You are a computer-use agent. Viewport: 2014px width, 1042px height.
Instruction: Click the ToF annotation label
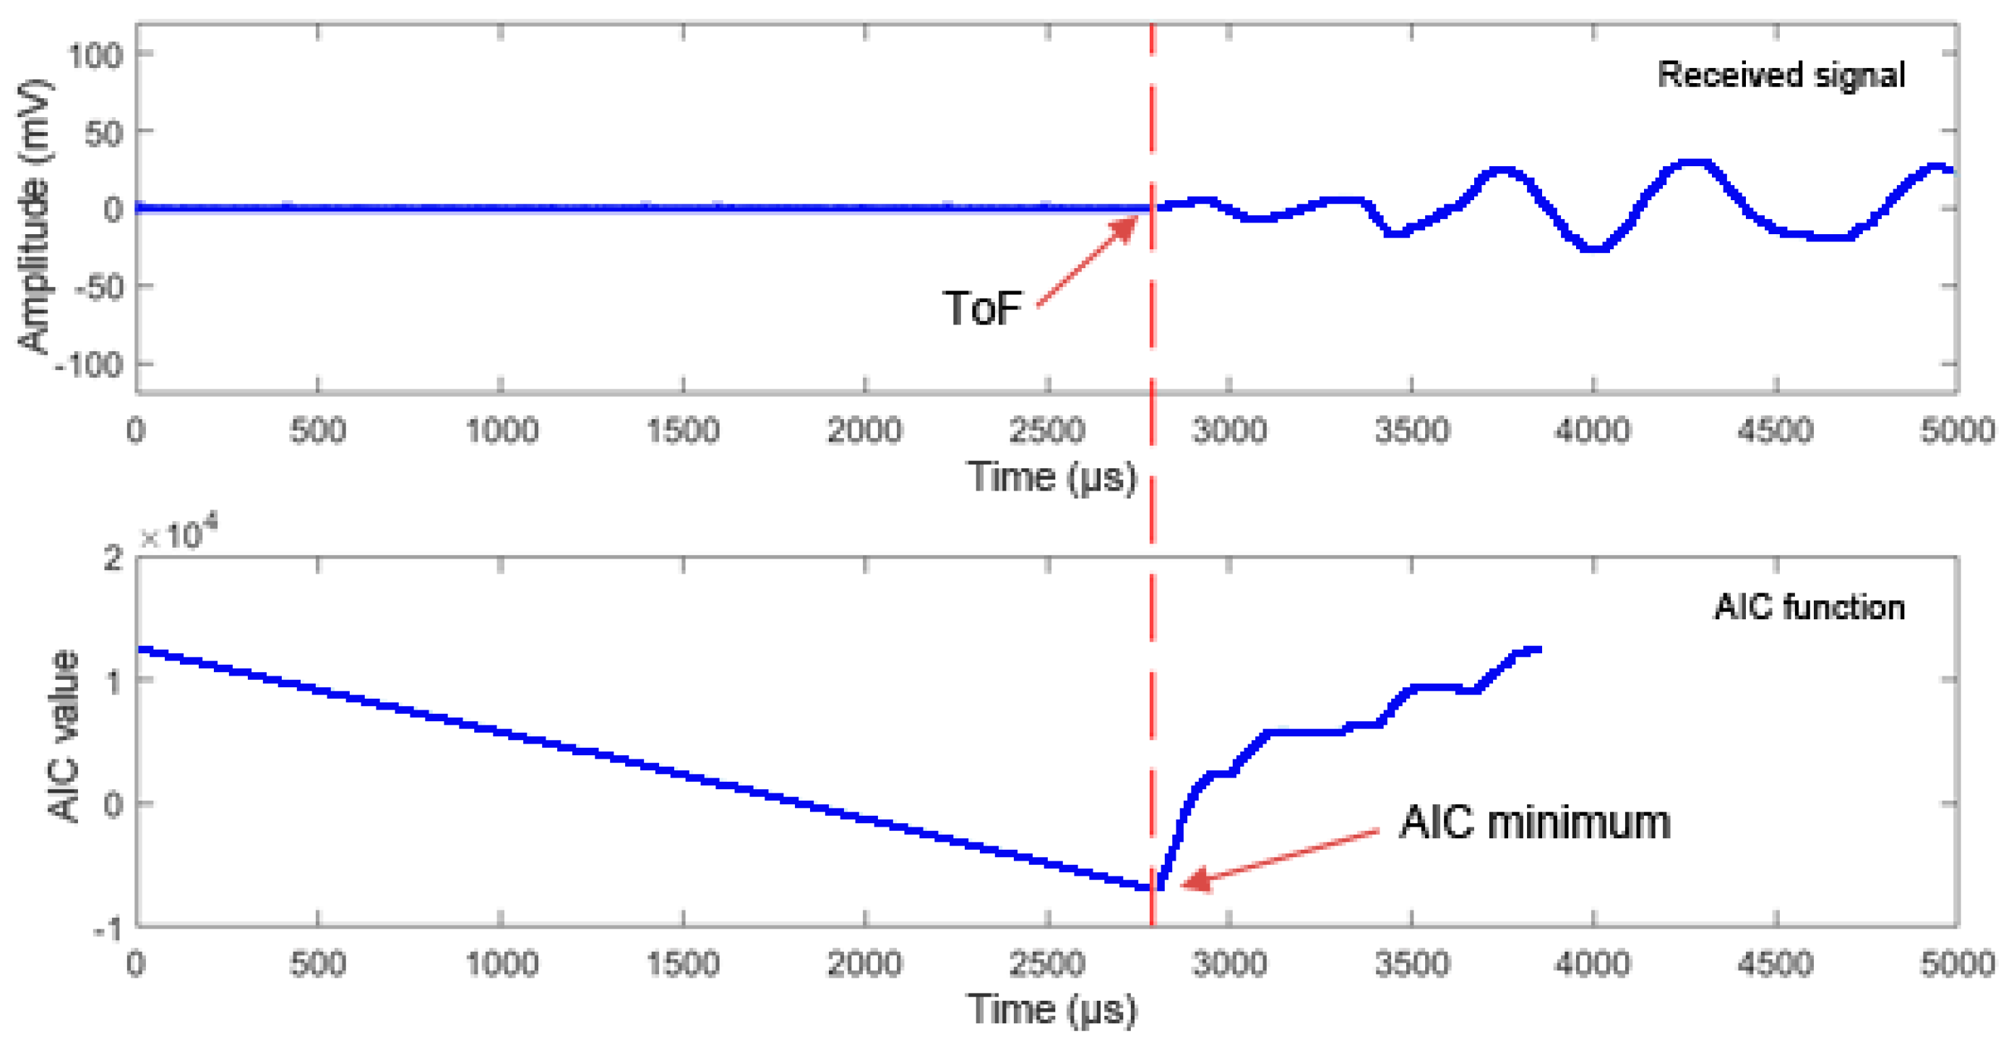click(981, 308)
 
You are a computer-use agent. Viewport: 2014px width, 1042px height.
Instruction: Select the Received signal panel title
click(1781, 75)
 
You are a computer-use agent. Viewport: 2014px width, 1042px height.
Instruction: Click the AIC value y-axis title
click(64, 737)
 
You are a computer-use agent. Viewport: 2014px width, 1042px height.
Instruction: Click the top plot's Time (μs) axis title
click(1051, 476)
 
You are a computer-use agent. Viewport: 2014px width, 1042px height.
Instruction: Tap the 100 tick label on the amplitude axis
click(95, 56)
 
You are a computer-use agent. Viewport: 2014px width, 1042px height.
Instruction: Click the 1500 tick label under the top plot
click(683, 431)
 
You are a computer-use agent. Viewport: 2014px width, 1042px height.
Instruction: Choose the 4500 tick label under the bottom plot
click(1775, 964)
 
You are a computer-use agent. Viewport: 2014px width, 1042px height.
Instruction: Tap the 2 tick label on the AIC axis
click(113, 558)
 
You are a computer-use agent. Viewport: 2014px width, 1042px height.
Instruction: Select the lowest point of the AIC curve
click(1154, 887)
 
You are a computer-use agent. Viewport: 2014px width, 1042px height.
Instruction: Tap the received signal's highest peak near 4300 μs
click(1692, 164)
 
